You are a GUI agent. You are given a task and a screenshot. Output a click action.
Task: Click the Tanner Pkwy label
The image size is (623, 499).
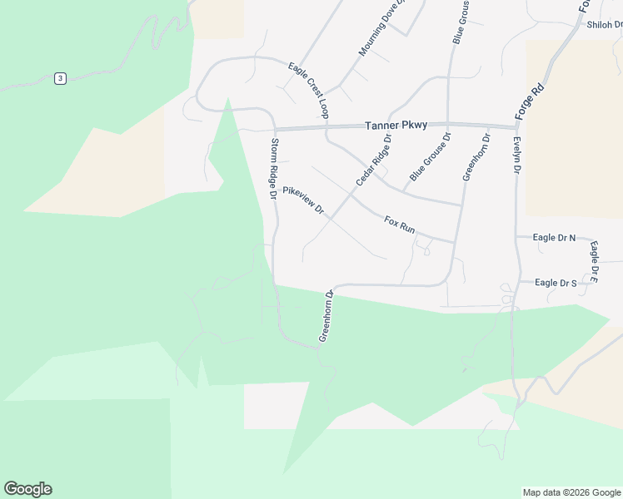(396, 126)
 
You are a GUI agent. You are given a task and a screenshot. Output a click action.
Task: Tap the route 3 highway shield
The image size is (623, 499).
(60, 78)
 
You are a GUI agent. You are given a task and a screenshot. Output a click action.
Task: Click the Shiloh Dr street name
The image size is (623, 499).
(605, 25)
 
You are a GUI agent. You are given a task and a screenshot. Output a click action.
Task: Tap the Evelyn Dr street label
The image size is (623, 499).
(517, 156)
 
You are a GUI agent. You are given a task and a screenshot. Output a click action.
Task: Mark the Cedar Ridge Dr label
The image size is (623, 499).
(373, 159)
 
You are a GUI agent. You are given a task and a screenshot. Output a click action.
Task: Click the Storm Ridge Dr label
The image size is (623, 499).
(273, 168)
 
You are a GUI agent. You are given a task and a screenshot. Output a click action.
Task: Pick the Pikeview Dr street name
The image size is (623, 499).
(302, 200)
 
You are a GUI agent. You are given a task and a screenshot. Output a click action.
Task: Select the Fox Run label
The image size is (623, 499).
(399, 224)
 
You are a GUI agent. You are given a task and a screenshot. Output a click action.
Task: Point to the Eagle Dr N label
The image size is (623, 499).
(554, 238)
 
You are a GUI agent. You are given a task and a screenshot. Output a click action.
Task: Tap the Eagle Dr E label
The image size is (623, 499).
(594, 260)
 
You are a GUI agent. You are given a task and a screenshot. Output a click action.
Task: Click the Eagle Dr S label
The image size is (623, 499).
(556, 283)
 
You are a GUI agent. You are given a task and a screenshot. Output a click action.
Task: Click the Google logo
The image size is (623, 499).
(27, 489)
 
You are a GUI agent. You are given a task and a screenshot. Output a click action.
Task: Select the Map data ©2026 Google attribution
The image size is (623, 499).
(572, 492)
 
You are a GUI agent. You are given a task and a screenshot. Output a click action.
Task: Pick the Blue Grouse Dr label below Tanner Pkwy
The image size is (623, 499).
(430, 157)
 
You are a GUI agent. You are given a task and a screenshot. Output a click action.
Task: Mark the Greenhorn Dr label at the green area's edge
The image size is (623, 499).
(326, 316)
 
